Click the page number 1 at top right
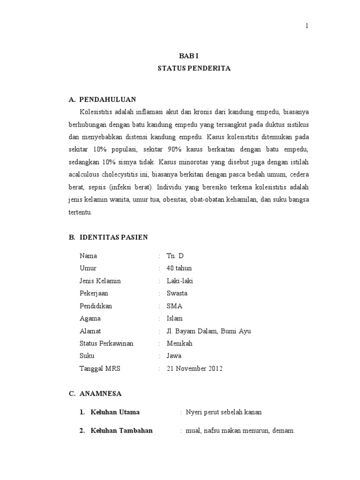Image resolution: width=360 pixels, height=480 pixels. (x=307, y=26)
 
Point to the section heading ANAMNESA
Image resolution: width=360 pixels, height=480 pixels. (x=100, y=394)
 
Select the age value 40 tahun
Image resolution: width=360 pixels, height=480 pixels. (x=179, y=268)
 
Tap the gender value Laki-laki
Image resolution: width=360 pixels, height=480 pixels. (x=180, y=281)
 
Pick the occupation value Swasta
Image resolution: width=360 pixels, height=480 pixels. (x=177, y=293)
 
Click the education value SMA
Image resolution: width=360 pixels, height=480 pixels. (x=174, y=306)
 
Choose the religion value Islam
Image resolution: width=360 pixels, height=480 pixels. (x=175, y=318)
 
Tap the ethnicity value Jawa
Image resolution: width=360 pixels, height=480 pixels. (x=174, y=356)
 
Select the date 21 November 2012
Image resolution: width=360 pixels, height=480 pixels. (x=195, y=368)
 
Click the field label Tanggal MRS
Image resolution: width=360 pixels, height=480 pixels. (x=100, y=368)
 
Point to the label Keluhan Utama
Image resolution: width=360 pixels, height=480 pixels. (x=115, y=412)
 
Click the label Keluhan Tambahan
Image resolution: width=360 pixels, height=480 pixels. (x=121, y=431)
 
